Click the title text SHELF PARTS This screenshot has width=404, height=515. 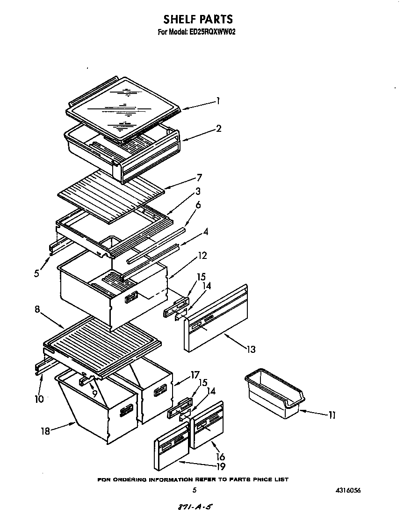point(198,19)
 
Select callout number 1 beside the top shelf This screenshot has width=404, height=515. point(217,100)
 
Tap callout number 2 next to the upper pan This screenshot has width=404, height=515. point(218,129)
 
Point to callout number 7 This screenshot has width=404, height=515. point(199,178)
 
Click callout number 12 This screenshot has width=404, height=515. point(202,256)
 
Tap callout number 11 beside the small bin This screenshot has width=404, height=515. point(332,415)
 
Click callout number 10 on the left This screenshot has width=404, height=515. point(39,399)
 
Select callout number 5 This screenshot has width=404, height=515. point(36,274)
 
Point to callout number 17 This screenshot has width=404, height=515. point(195,375)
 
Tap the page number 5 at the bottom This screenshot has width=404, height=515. point(194,490)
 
